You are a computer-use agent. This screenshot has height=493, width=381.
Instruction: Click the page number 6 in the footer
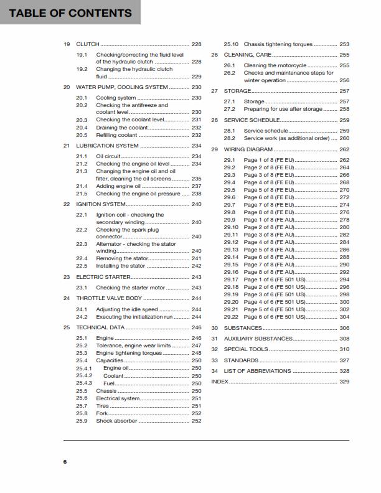[65, 461]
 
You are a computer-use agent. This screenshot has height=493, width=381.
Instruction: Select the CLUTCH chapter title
[88, 45]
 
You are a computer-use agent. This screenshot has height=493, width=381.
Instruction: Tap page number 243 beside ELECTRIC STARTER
[196, 276]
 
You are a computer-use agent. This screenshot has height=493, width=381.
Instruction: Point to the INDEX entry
[220, 382]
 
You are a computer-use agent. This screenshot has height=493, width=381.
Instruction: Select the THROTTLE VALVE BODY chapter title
[108, 298]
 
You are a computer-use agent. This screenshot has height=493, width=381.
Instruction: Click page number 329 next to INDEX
[344, 382]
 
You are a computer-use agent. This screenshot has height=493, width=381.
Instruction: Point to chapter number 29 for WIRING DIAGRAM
[214, 149]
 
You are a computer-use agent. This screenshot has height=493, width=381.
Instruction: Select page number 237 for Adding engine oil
[196, 186]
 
